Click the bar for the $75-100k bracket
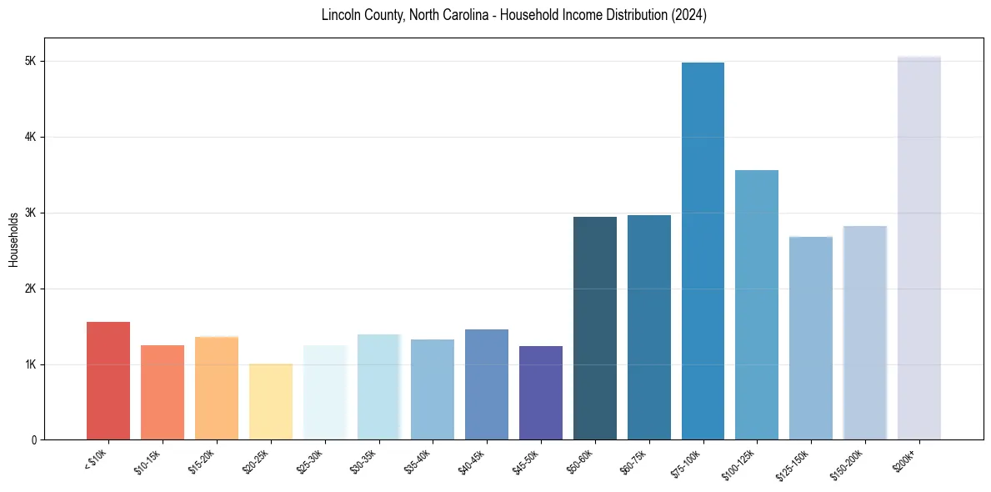pos(703,251)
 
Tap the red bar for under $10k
pos(108,380)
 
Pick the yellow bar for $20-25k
pos(270,401)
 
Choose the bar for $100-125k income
pos(757,304)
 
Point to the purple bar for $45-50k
pos(541,393)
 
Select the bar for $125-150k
pos(811,338)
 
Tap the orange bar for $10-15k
pos(163,392)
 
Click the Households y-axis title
pos(13,239)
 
